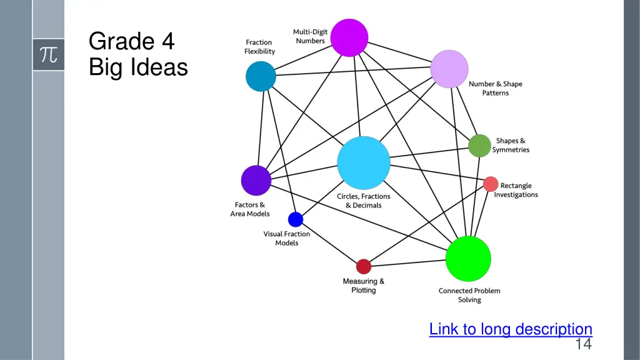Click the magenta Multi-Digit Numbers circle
349,37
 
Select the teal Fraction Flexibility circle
261,76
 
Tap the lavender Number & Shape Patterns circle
449,69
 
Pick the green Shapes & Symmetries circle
479,146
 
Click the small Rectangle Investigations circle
491,184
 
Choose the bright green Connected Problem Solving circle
468,259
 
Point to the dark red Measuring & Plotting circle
364,267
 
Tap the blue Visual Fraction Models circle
296,219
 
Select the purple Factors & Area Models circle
256,181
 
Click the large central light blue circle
364,162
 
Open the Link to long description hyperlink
511,329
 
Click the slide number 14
583,344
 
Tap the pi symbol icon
48,54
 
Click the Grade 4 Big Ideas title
138,54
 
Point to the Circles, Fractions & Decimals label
364,201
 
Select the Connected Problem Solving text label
469,295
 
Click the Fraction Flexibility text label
259,47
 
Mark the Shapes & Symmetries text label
511,146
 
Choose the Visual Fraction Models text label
287,238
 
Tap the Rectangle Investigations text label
516,190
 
